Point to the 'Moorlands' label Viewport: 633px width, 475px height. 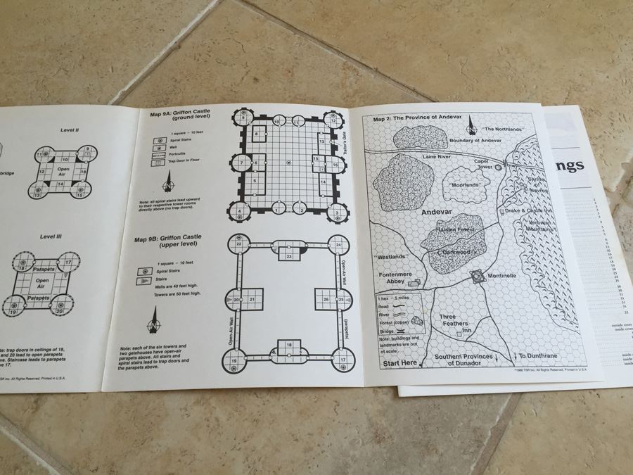point(466,184)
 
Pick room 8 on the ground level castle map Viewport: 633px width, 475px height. point(257,134)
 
